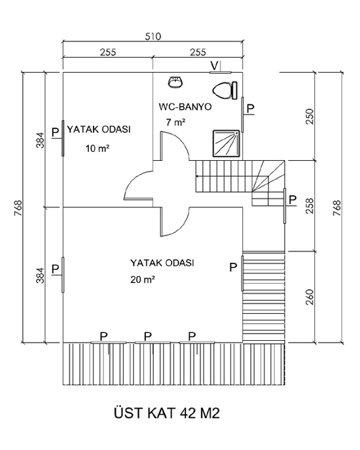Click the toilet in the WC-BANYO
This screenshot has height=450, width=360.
[x=225, y=90]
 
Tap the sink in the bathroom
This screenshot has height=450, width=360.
[x=175, y=82]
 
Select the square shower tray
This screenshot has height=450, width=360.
[x=226, y=143]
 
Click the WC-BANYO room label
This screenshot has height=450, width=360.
[x=185, y=107]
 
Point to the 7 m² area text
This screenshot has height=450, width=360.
[x=175, y=122]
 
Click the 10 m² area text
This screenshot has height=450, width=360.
[x=98, y=148]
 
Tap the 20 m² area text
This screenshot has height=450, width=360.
[x=143, y=279]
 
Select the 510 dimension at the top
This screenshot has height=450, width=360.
[x=153, y=37]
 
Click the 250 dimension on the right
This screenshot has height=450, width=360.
[x=310, y=116]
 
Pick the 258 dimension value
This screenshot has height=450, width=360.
[x=310, y=206]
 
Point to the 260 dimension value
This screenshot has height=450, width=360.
[x=310, y=297]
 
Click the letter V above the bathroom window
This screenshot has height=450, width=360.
[x=214, y=65]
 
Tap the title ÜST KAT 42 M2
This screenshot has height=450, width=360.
[x=167, y=413]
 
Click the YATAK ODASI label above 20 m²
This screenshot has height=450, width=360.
[x=162, y=263]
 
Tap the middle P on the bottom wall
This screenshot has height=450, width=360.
[x=148, y=336]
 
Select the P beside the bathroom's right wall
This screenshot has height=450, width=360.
[x=251, y=109]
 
